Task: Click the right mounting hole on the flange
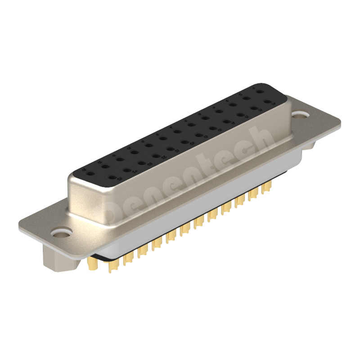point(300,115)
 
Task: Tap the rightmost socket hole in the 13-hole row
point(260,91)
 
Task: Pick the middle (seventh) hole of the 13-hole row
point(177,131)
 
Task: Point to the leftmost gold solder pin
point(93,262)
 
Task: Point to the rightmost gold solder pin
point(266,186)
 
